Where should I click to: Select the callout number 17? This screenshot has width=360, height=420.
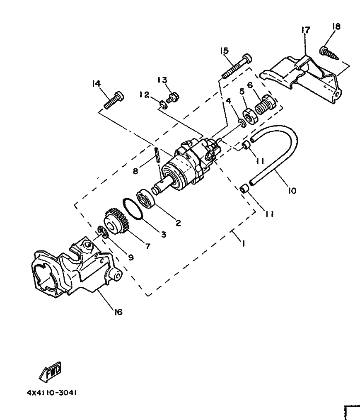click(x=305, y=30)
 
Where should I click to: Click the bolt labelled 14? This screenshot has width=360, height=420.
click(x=112, y=100)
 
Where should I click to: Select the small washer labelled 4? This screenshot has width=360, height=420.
click(x=241, y=123)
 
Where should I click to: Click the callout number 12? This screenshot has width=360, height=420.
click(x=144, y=95)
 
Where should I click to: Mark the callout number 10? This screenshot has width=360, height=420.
click(x=292, y=191)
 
